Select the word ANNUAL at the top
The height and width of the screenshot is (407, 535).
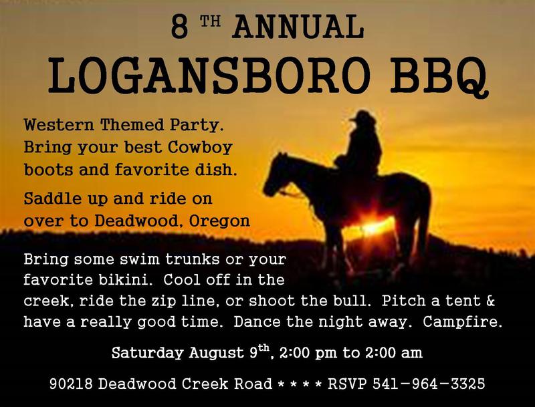pos(298,27)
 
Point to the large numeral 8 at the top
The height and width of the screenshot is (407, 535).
pos(179,27)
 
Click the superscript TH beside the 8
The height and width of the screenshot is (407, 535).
pos(210,21)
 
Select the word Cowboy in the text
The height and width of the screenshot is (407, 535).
pos(200,148)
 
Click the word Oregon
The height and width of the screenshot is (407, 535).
pos(219,222)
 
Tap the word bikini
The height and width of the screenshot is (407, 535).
pos(124,280)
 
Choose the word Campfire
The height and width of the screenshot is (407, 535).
pos(463,321)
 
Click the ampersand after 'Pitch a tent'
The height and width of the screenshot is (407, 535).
pos(490,301)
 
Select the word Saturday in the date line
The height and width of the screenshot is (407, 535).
pos(147,353)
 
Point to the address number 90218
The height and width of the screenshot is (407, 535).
pos(71,384)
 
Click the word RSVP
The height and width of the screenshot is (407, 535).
pos(347,384)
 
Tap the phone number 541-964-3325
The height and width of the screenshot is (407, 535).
pos(429,384)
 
